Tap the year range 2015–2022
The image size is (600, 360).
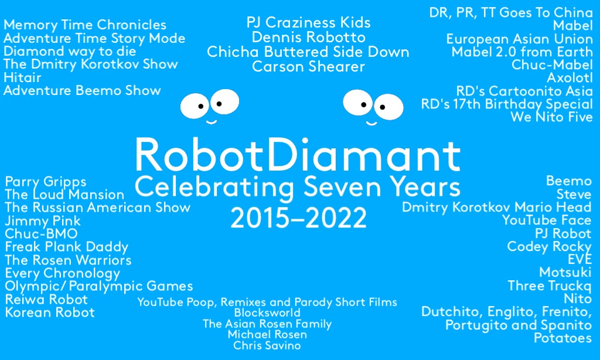[x=298, y=218]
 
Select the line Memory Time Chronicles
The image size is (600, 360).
[x=85, y=25]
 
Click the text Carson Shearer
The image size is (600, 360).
[x=308, y=67]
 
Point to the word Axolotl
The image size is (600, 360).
[x=570, y=78]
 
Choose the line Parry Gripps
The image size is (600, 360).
[x=46, y=182]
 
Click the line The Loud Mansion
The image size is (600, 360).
[x=64, y=195]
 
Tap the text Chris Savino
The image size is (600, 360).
[x=267, y=345]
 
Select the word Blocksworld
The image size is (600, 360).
[x=267, y=313]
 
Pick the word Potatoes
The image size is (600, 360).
[x=563, y=338]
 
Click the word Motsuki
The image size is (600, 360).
[x=565, y=272]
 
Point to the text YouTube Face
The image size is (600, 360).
[x=547, y=220]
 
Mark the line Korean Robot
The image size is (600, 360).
[x=50, y=313]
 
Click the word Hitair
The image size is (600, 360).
[x=22, y=78]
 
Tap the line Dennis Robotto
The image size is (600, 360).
[x=308, y=38]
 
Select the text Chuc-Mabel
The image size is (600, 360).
[x=552, y=64]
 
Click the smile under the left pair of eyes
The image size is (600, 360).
[x=212, y=122]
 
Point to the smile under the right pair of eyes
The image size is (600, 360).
[x=371, y=123]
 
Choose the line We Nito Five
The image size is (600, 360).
[x=552, y=117]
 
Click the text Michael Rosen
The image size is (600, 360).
[x=267, y=334]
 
